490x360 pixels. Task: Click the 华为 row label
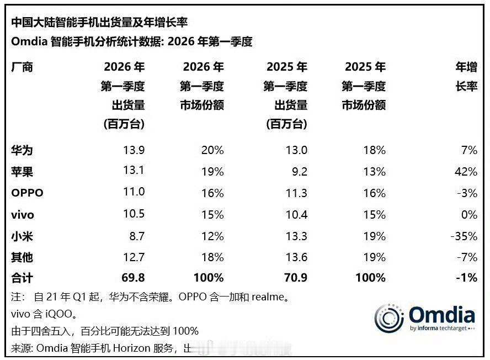click(x=22, y=150)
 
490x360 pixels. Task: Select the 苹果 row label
click(x=22, y=172)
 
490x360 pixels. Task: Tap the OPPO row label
click(x=27, y=193)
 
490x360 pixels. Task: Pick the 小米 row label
click(x=22, y=236)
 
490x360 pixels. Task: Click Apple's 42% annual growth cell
click(x=466, y=172)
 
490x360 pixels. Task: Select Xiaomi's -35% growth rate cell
click(x=464, y=236)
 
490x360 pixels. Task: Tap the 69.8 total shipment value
click(x=132, y=278)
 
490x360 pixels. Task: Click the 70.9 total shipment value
click(x=295, y=278)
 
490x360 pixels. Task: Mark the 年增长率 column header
click(x=466, y=77)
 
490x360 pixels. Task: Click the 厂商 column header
click(x=22, y=67)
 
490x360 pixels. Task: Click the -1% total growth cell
click(x=467, y=278)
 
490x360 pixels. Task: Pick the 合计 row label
click(x=22, y=278)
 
